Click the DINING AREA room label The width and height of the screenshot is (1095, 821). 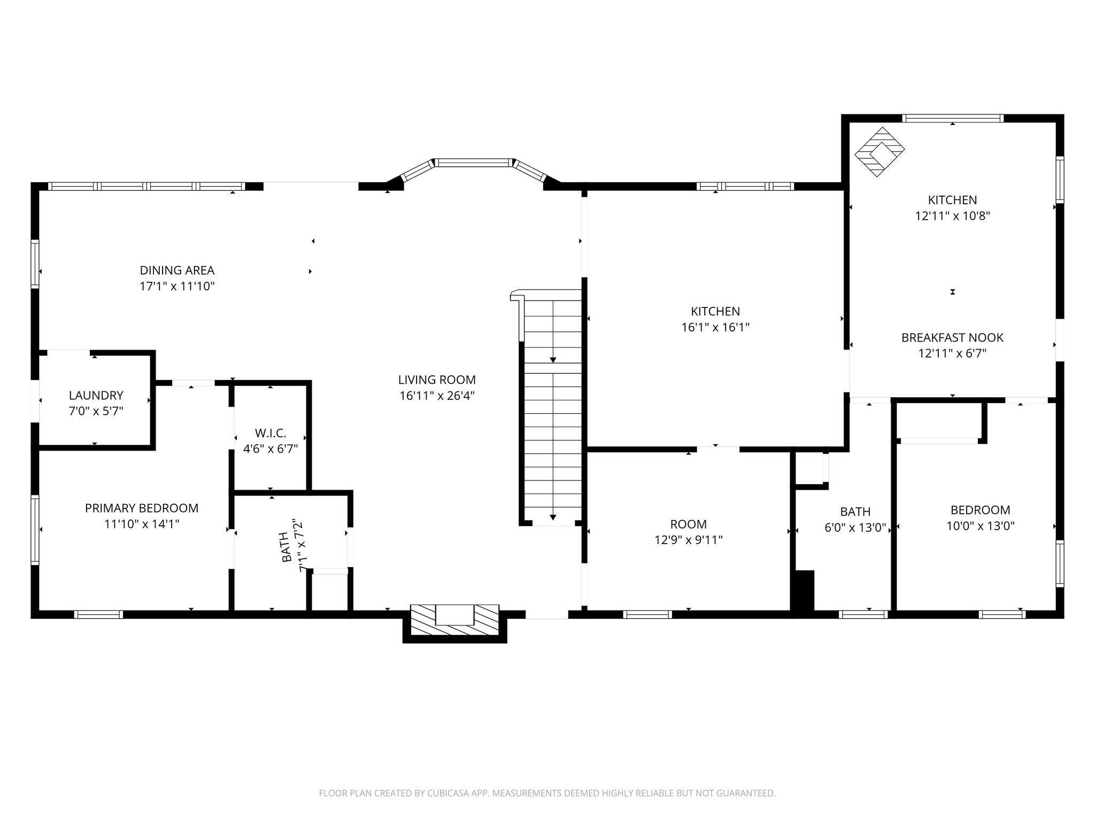177,270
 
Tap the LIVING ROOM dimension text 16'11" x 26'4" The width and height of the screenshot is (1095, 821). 437,396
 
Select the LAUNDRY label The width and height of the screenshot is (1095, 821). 96,396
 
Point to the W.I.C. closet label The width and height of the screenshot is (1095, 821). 270,433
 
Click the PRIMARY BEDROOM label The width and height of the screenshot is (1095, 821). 142,508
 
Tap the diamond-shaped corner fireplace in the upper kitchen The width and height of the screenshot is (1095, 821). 880,151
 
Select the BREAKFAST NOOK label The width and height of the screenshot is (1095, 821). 952,338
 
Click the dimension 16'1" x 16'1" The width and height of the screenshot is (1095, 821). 715,328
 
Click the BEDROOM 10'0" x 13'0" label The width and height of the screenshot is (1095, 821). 980,518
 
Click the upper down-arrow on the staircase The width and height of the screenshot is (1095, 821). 553,359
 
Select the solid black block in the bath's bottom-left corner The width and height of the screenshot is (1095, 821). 804,590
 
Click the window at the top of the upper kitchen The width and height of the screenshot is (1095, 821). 952,119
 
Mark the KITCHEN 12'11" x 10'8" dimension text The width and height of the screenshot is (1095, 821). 952,216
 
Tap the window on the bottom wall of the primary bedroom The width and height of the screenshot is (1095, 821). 98,615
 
